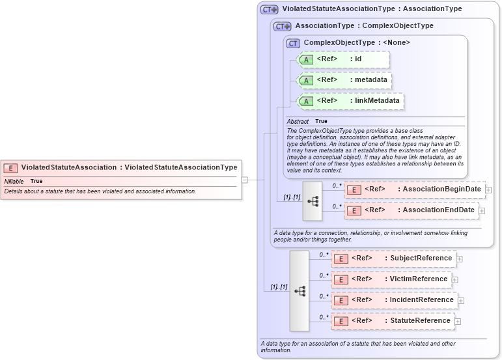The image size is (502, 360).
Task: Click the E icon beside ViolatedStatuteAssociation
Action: coord(11,167)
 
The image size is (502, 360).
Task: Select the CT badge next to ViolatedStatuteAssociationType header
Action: coord(269,10)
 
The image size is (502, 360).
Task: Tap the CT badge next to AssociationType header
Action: coord(282,26)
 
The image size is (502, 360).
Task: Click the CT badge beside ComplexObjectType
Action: coord(293,43)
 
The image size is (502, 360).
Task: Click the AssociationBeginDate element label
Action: coord(441,189)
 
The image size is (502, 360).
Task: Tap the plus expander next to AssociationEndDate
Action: coord(482,211)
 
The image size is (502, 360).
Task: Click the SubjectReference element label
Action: coord(421,258)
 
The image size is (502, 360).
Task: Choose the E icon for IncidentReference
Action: coord(341,300)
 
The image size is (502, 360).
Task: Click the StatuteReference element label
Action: coord(420,321)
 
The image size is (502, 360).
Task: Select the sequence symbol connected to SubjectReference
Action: coord(300,291)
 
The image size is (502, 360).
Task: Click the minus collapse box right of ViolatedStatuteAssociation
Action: coord(244,180)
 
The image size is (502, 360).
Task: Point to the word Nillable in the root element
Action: coord(14,181)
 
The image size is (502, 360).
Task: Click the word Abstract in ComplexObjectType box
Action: coord(298,122)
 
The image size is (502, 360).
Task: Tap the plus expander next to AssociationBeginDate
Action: coord(488,190)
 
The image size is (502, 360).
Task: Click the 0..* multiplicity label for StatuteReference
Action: coord(324,317)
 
